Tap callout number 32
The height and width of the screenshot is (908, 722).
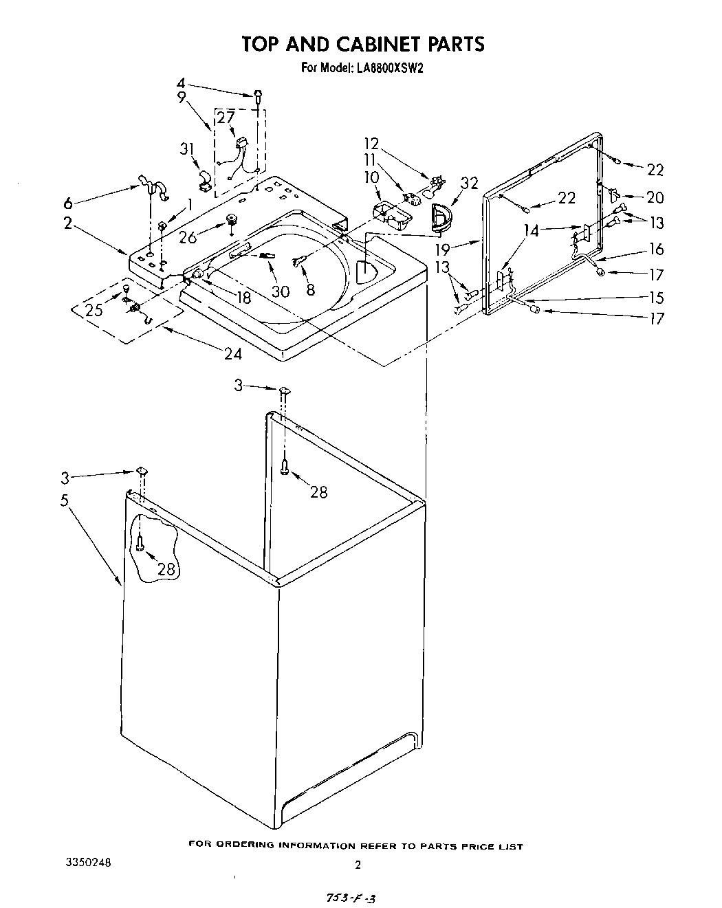pyautogui.click(x=469, y=183)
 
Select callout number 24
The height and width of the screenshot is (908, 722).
pyautogui.click(x=232, y=353)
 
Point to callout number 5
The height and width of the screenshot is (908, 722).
pyautogui.click(x=65, y=500)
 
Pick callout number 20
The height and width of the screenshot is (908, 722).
pyautogui.click(x=655, y=197)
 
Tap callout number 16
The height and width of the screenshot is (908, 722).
pyautogui.click(x=656, y=250)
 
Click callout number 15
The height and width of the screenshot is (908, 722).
pyautogui.click(x=656, y=297)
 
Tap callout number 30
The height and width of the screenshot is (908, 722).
pyautogui.click(x=280, y=291)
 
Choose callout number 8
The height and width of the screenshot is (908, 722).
pyautogui.click(x=310, y=290)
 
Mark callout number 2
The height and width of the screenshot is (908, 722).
pyautogui.click(x=68, y=223)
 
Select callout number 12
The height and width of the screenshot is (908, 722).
pyautogui.click(x=371, y=144)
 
